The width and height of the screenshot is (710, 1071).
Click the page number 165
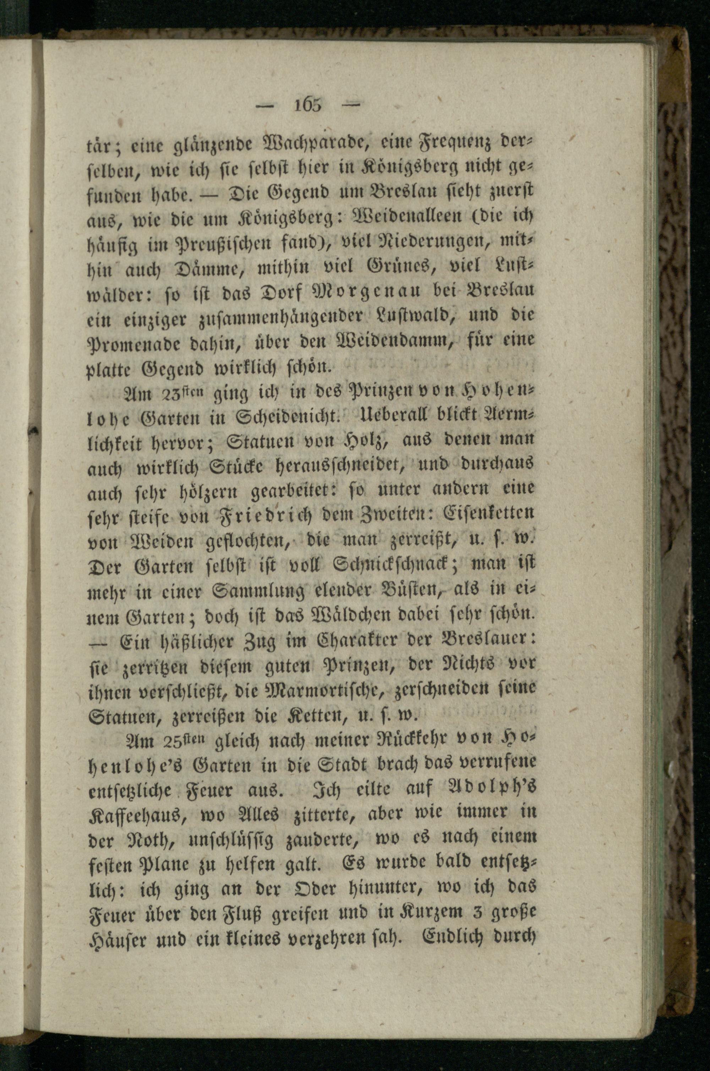(308, 105)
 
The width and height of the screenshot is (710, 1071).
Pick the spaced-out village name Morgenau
(354, 290)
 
